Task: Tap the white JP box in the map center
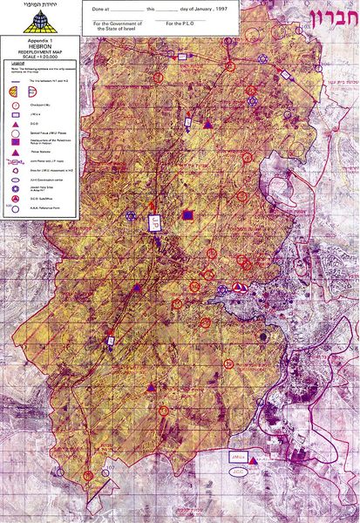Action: [154, 222]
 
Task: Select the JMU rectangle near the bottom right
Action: [236, 456]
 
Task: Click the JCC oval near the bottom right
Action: [236, 471]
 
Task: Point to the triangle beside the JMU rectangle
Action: [253, 458]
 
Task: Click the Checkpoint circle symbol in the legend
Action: [15, 85]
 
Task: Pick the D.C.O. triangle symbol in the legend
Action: [15, 104]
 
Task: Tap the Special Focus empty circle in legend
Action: [15, 112]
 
